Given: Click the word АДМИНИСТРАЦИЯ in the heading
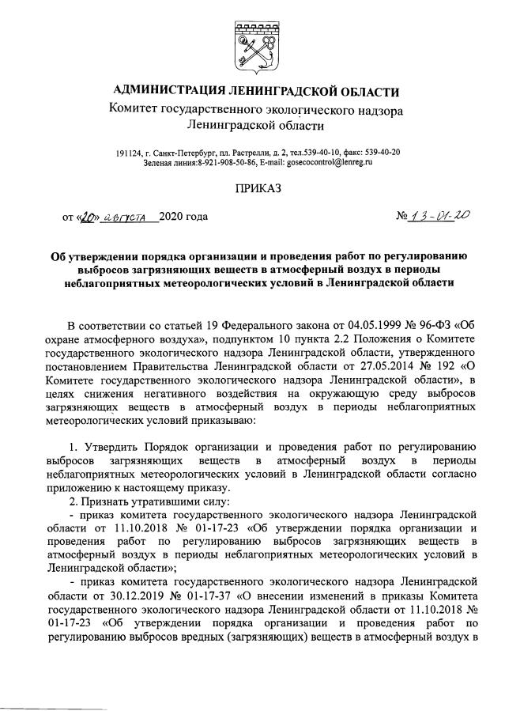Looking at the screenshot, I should click(x=168, y=91).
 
